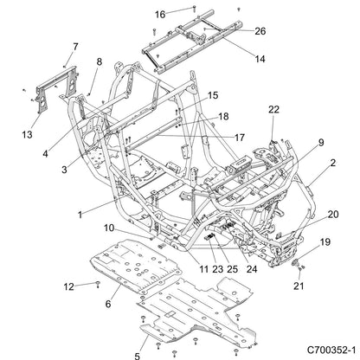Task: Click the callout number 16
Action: click(160, 14)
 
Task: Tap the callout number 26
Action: click(260, 31)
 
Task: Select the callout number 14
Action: click(260, 59)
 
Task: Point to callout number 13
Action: click(27, 134)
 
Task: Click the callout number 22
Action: click(273, 109)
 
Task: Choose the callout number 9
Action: click(321, 142)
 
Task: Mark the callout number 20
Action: click(333, 215)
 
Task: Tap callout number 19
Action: click(325, 241)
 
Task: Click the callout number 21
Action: click(299, 286)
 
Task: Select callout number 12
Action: click(69, 286)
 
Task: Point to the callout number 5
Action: click(138, 356)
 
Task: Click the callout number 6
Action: click(108, 304)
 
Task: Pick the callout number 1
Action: click(80, 215)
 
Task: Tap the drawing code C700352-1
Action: click(331, 350)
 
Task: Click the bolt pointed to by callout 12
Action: click(98, 284)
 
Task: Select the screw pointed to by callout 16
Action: click(194, 8)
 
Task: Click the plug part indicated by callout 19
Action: click(297, 262)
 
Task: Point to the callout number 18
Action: click(223, 116)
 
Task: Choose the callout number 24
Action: click(252, 269)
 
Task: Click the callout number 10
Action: click(109, 228)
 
